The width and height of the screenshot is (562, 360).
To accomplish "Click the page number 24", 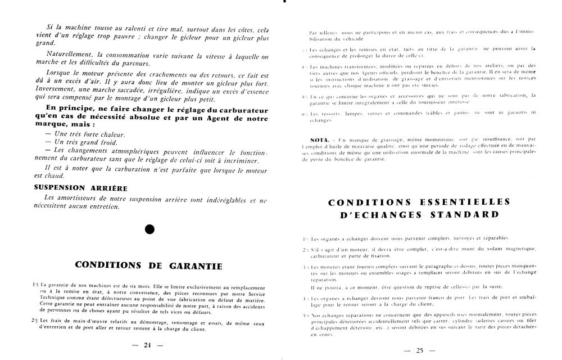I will coord(148,345).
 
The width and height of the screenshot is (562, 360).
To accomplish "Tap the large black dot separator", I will coord(149,229).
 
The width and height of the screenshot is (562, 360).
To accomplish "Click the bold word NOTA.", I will coord(319,139).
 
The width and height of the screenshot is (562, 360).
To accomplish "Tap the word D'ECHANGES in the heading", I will coord(371,214).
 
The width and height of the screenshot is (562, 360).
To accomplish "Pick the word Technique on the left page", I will coord(52,296).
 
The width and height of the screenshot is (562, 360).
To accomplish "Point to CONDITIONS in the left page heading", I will coord(112,266).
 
